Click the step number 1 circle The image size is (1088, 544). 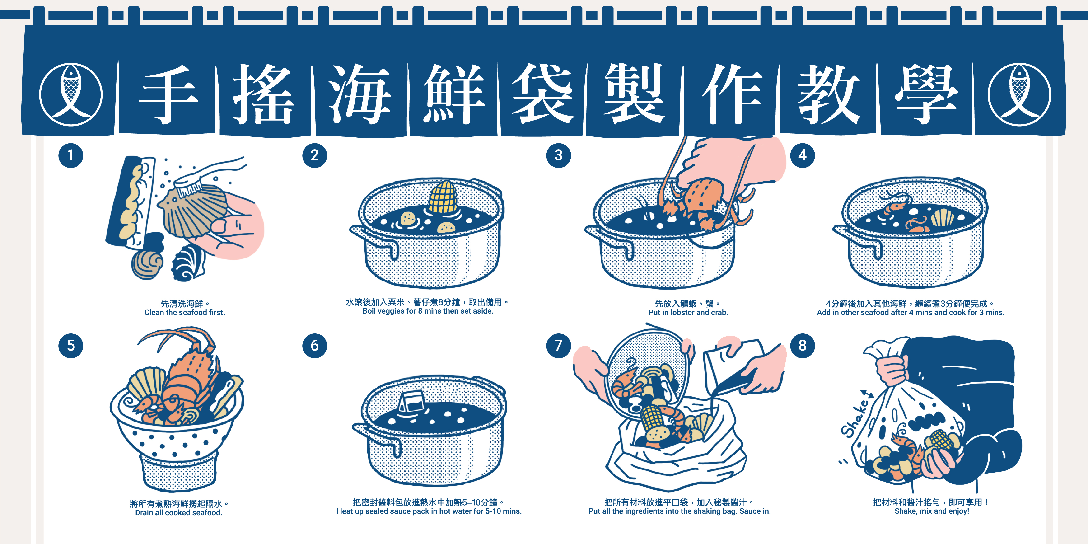click(70, 155)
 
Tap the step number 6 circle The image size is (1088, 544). click(315, 346)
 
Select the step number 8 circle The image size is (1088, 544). click(803, 346)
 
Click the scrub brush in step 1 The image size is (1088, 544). click(207, 175)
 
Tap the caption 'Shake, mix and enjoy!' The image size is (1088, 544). click(932, 511)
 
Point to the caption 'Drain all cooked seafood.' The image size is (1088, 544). click(179, 512)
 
